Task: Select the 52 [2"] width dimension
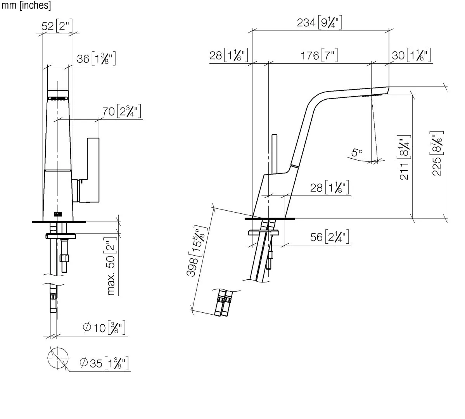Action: (x=57, y=26)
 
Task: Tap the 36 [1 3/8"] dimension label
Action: (x=95, y=59)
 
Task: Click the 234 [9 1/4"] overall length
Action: (x=320, y=23)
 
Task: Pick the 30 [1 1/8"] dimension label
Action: (x=411, y=55)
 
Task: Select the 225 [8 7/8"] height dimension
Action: (x=437, y=155)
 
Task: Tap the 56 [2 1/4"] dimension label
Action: (x=330, y=237)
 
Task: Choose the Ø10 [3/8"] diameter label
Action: (x=104, y=328)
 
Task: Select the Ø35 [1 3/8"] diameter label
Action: (x=104, y=363)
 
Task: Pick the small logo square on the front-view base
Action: (x=57, y=214)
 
